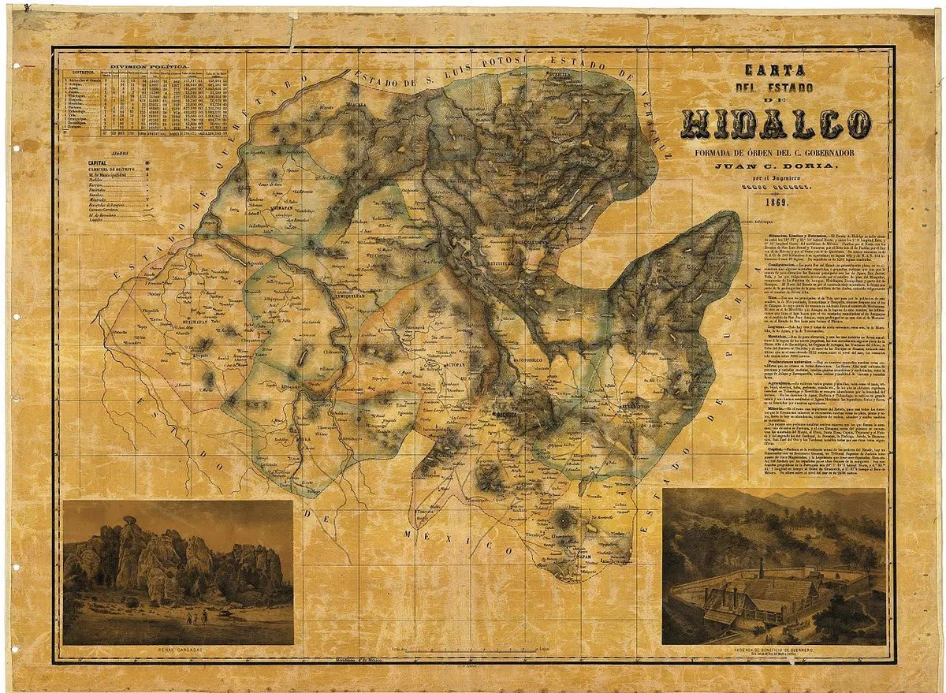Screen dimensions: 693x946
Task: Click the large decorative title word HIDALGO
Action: [x=777, y=125]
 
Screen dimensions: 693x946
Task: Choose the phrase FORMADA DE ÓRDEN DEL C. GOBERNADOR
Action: [x=777, y=151]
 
